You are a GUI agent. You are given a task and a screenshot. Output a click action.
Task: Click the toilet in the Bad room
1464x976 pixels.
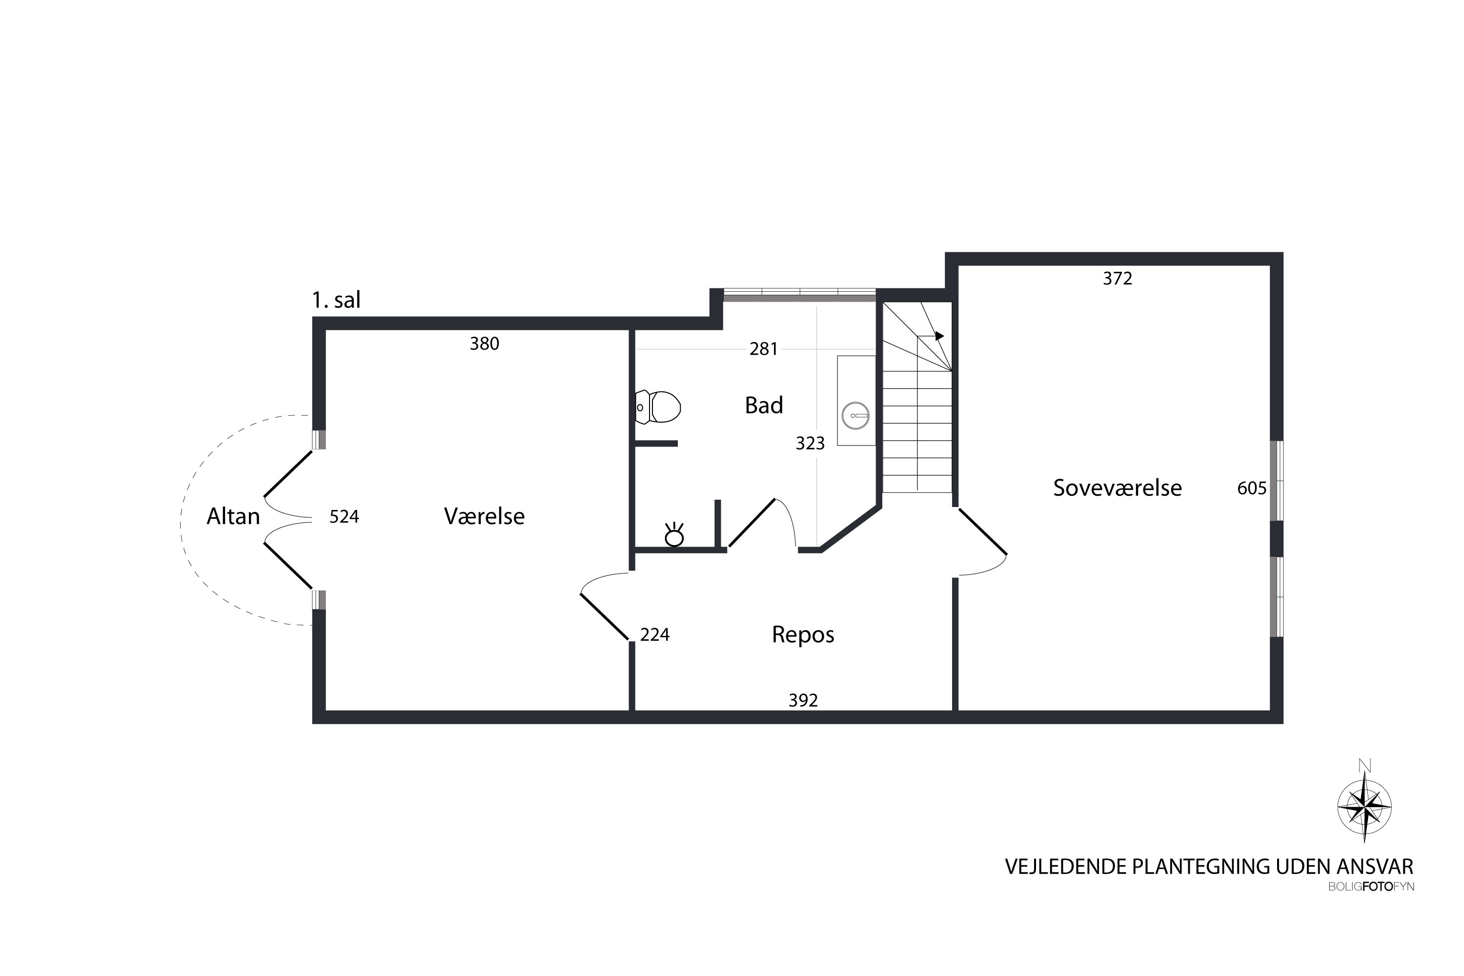658,407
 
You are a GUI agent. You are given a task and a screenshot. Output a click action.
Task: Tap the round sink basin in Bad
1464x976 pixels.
856,416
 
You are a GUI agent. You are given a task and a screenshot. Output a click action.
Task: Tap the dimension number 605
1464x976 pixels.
1252,488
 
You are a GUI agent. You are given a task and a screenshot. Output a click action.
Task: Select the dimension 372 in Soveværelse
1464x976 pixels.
1118,279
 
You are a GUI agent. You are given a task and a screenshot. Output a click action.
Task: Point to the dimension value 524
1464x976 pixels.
344,517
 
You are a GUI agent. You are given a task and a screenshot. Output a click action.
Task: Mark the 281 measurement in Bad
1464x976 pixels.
764,349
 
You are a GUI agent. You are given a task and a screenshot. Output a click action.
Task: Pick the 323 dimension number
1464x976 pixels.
811,443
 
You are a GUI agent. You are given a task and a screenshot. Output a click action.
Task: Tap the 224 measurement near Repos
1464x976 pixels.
655,634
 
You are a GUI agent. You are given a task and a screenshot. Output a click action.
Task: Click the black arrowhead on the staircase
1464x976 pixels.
939,336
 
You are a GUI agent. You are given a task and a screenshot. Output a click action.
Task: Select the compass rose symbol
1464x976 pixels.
1364,807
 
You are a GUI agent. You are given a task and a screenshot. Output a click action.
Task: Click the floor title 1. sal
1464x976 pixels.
336,300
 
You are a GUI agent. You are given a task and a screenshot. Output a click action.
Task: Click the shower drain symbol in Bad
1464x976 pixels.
674,535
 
